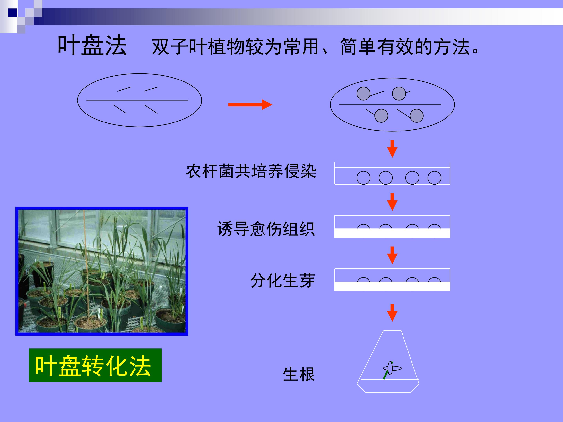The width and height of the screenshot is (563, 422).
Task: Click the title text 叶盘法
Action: pyautogui.click(x=92, y=45)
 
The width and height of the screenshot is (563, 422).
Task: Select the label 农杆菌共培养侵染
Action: pyautogui.click(x=251, y=171)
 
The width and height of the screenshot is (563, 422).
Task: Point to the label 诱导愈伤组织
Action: pyautogui.click(x=266, y=229)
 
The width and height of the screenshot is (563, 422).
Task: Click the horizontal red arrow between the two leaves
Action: pyautogui.click(x=250, y=105)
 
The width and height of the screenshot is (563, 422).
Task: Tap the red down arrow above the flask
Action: pyautogui.click(x=392, y=313)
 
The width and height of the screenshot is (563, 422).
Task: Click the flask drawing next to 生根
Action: pyautogui.click(x=388, y=361)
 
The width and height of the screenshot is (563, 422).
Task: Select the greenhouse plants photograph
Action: pyautogui.click(x=102, y=271)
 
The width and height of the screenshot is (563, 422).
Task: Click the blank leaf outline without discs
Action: pyautogui.click(x=139, y=100)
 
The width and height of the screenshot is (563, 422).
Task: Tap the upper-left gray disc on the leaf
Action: pyautogui.click(x=363, y=94)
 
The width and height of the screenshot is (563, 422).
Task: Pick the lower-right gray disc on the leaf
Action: pyautogui.click(x=417, y=116)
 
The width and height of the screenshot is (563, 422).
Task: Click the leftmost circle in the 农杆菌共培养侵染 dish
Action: pyautogui.click(x=363, y=178)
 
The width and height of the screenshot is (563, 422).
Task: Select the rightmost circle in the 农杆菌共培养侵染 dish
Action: pyautogui.click(x=434, y=178)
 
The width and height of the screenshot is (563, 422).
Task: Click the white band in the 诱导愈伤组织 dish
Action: pyautogui.click(x=392, y=233)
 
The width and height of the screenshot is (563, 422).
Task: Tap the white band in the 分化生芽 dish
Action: pyautogui.click(x=392, y=286)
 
